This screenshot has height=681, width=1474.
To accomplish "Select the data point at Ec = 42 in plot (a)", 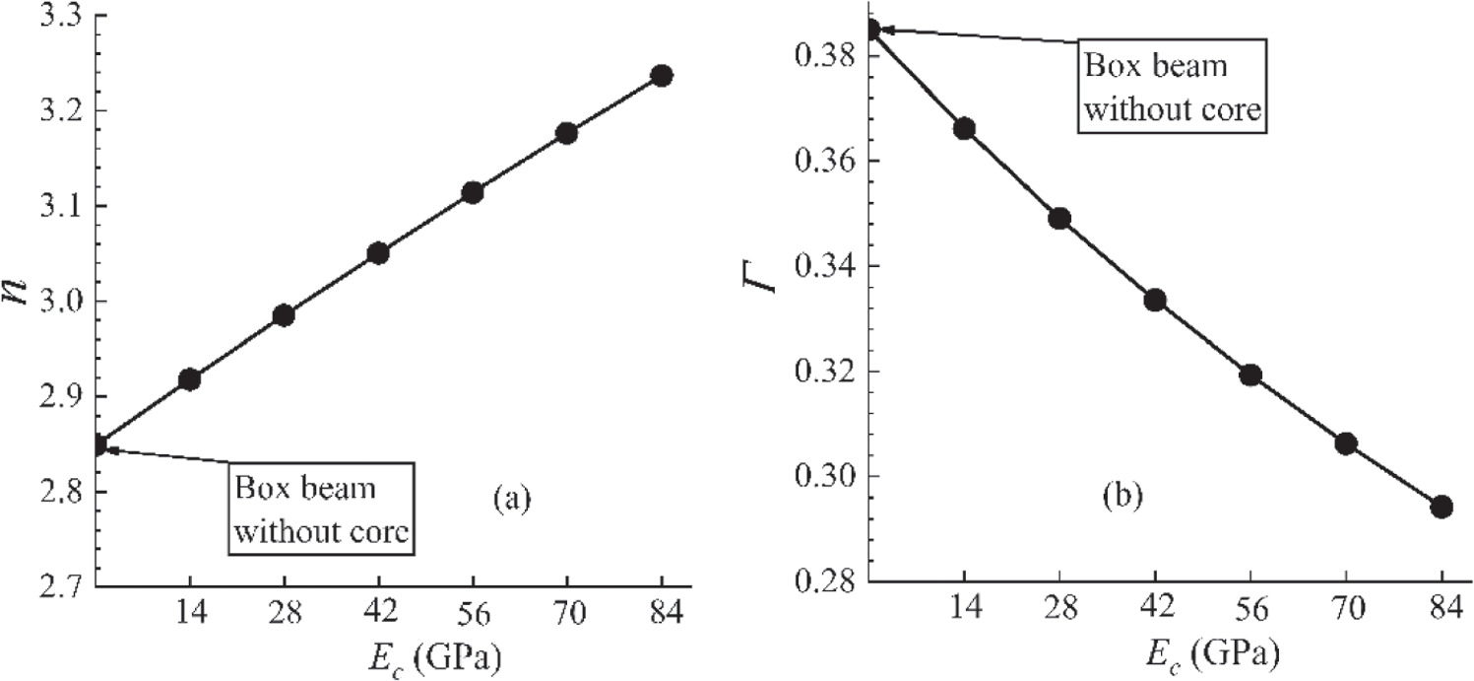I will pyautogui.click(x=378, y=253).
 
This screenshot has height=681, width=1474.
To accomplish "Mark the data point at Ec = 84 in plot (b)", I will pyautogui.click(x=1442, y=507).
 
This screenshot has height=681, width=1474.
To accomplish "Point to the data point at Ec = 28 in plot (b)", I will pyautogui.click(x=1059, y=218).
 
